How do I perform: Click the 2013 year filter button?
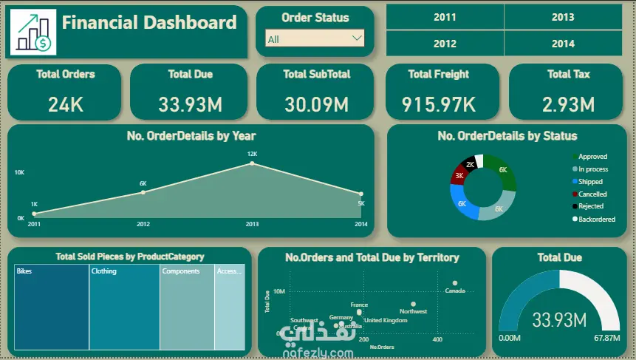click(x=562, y=17)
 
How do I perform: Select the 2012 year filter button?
click(x=445, y=44)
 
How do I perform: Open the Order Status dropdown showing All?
click(x=315, y=38)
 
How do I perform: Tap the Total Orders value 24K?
click(x=66, y=104)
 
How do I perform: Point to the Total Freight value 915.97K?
click(x=439, y=104)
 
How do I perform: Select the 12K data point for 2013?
click(x=252, y=163)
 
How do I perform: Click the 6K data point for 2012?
click(x=143, y=192)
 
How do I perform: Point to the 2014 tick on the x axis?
click(x=360, y=223)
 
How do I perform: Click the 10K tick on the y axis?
click(x=20, y=172)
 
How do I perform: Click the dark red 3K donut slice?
click(x=458, y=177)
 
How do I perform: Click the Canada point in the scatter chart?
click(x=455, y=283)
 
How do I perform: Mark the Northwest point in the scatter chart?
click(x=413, y=304)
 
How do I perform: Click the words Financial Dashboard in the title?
click(x=149, y=22)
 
